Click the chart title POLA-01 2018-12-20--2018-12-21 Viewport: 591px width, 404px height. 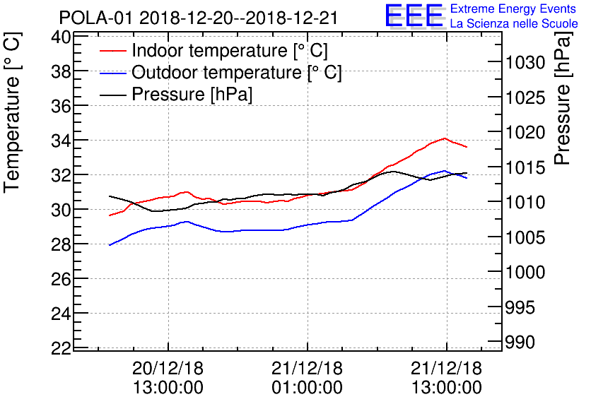point(199,16)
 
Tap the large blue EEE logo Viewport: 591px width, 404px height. point(414,16)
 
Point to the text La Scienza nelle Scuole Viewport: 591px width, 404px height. point(514,23)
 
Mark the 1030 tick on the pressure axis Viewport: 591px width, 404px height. point(525,64)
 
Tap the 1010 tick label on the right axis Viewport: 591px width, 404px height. point(525,203)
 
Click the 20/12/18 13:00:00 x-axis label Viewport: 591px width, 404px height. point(168,378)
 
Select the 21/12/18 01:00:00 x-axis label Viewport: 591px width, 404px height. point(308,378)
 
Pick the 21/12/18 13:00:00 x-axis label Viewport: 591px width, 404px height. point(446,378)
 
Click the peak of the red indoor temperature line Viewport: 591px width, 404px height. point(444,138)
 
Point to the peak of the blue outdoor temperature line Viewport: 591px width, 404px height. point(444,170)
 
